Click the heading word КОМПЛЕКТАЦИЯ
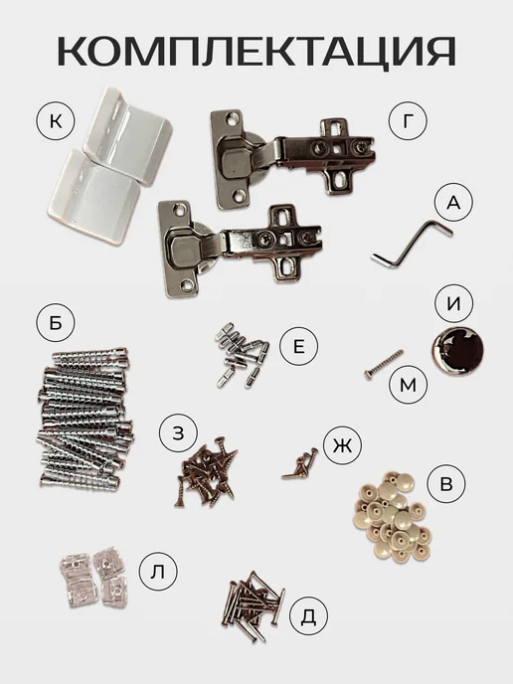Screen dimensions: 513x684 [256, 52]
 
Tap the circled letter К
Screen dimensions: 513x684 [56, 121]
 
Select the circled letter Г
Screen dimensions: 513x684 [408, 121]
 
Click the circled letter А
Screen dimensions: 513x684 [453, 203]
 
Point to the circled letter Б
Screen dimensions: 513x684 [56, 323]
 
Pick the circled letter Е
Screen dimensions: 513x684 [299, 346]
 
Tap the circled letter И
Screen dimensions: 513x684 [453, 303]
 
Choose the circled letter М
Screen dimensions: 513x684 [409, 385]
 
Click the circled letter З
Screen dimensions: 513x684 [178, 432]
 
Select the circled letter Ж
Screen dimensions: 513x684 [342, 445]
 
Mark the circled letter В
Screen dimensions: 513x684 [446, 484]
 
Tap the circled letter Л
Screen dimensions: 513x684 [158, 572]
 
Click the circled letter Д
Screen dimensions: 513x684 [308, 615]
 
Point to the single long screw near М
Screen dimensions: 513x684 [384, 365]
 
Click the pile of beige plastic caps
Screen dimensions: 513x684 [392, 517]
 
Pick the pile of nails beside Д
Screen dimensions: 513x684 [253, 606]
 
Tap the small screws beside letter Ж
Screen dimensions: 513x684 [300, 464]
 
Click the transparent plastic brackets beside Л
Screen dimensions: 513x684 [93, 577]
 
